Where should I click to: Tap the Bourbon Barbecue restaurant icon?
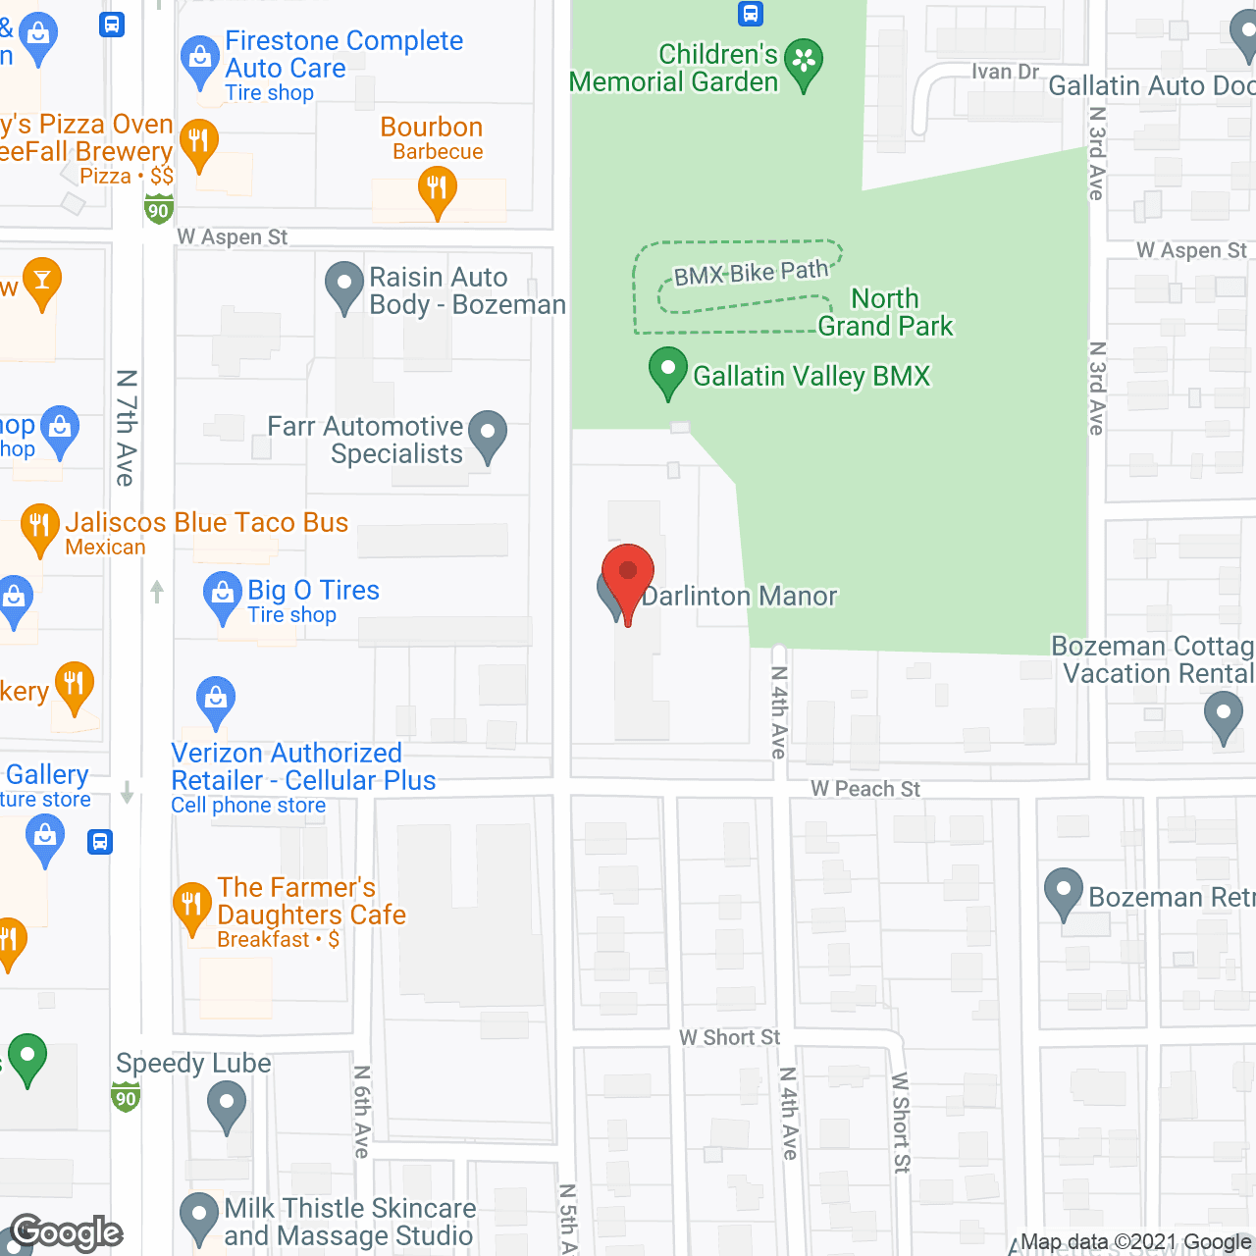click(x=437, y=187)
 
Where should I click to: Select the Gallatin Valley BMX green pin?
click(x=667, y=372)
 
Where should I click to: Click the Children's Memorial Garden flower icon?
click(x=804, y=63)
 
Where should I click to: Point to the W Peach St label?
click(x=865, y=789)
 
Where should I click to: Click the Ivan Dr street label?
click(x=1005, y=72)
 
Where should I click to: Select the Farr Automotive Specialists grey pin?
click(x=488, y=434)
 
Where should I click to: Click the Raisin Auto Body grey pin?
click(x=344, y=285)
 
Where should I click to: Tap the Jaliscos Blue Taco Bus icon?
click(x=39, y=527)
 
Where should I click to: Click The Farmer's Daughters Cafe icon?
click(x=191, y=905)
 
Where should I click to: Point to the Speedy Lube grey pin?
click(x=227, y=1105)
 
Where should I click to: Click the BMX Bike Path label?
click(x=751, y=273)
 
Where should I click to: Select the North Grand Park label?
click(x=885, y=312)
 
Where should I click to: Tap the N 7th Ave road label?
click(x=126, y=428)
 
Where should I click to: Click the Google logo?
click(x=67, y=1232)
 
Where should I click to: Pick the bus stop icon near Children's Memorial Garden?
click(x=751, y=14)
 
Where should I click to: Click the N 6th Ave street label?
click(x=362, y=1112)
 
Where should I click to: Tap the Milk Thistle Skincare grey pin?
click(x=199, y=1216)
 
